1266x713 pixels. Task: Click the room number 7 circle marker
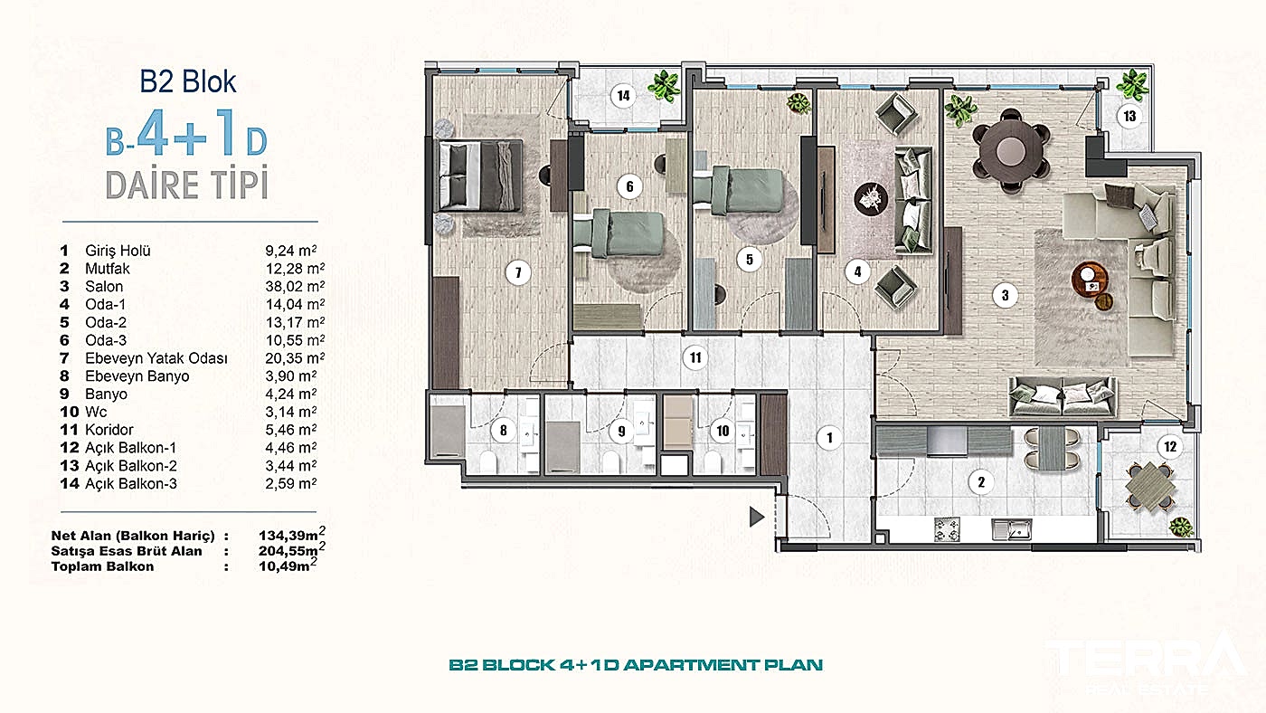pyautogui.click(x=517, y=273)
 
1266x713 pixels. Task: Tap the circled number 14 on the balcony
pyautogui.click(x=623, y=96)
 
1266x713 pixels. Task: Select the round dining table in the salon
pyautogui.click(x=1011, y=150)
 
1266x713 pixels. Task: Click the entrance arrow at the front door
pyautogui.click(x=757, y=517)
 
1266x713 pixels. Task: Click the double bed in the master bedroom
pyautogui.click(x=480, y=176)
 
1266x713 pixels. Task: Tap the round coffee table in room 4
pyautogui.click(x=871, y=199)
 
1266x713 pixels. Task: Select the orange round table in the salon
pyautogui.click(x=1090, y=280)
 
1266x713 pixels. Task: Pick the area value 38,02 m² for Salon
pyautogui.click(x=295, y=286)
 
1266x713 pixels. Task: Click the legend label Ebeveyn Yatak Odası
pyautogui.click(x=156, y=358)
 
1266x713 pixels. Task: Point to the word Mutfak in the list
pyautogui.click(x=108, y=269)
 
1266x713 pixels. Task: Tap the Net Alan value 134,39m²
pyautogui.click(x=291, y=534)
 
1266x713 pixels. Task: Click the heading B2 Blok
pyautogui.click(x=188, y=81)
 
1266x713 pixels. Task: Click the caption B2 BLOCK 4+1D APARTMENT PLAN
pyautogui.click(x=636, y=665)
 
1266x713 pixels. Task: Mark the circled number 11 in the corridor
pyautogui.click(x=695, y=358)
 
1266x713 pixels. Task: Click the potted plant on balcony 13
pyautogui.click(x=1132, y=85)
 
